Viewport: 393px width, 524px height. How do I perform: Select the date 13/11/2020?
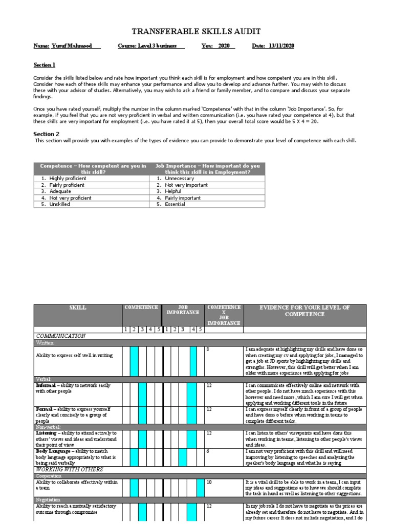281,46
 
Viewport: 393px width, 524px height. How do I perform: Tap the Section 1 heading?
45,65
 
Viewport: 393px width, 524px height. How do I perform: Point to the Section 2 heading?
47,134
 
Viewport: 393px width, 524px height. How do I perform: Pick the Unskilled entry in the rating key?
60,204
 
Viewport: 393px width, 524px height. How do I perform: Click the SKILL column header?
78,308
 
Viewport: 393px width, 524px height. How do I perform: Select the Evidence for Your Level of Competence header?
305,311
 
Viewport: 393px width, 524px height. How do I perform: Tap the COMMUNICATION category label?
60,336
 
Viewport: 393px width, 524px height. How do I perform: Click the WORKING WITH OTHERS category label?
69,469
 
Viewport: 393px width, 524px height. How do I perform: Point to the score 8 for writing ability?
208,349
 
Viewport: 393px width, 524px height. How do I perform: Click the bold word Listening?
49,433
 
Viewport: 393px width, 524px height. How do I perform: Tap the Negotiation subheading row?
49,499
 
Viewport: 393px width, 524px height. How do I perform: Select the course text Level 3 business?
160,46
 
